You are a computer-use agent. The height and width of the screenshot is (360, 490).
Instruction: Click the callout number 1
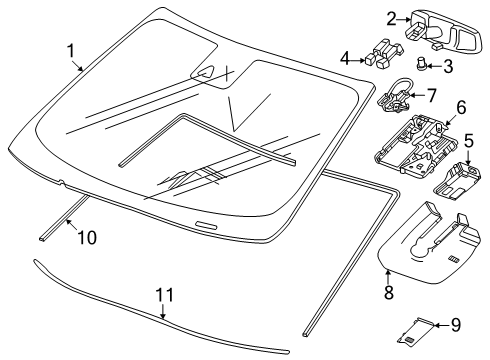click(x=71, y=51)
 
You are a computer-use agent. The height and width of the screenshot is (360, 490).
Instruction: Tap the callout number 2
click(x=392, y=19)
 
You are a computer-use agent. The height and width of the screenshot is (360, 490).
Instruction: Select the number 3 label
click(x=448, y=66)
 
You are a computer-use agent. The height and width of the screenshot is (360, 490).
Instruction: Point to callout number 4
click(x=345, y=59)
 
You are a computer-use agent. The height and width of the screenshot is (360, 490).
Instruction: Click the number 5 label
click(x=469, y=140)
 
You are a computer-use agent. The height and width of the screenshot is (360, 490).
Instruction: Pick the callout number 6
click(x=461, y=107)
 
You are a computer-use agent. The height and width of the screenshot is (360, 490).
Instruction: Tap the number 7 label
click(x=431, y=95)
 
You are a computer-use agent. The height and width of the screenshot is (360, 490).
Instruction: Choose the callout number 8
click(x=389, y=292)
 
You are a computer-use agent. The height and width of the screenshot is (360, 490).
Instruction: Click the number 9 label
click(x=456, y=324)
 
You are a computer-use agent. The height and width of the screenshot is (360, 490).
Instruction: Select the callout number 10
click(x=87, y=238)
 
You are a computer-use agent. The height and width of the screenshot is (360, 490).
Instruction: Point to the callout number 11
click(x=165, y=295)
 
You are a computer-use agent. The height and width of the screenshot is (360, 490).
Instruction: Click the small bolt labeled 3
click(x=421, y=64)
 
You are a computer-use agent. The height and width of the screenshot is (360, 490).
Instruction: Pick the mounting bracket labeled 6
click(x=416, y=145)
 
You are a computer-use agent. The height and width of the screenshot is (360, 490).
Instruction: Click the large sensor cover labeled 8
click(x=429, y=243)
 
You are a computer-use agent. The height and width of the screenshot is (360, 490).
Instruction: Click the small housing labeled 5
click(x=457, y=181)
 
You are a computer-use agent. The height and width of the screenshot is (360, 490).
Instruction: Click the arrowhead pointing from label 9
click(x=436, y=324)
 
